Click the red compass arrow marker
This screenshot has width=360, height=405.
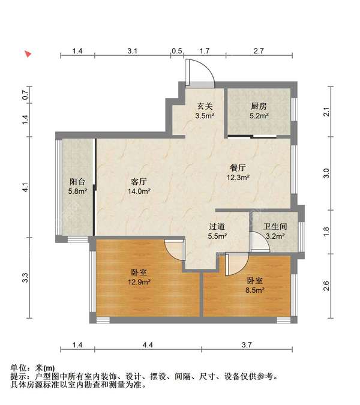tap(28, 54)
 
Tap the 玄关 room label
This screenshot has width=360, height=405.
tap(205, 106)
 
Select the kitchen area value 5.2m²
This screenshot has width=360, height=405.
tap(259, 115)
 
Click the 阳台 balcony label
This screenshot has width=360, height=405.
tap(77, 182)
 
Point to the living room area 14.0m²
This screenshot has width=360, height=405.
tap(139, 191)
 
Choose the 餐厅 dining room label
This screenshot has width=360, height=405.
tap(238, 167)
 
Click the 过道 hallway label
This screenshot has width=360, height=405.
tap(217, 227)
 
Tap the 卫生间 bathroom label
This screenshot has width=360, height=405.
tap(275, 227)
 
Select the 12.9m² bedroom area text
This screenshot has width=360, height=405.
tap(139, 282)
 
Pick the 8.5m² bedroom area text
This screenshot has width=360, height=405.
tap(254, 290)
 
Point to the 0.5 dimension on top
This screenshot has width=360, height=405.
tap(176, 50)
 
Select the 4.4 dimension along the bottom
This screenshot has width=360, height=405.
tap(148, 345)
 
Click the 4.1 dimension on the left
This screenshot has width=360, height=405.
tap(25, 187)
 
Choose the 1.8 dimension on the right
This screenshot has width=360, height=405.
tap(326, 232)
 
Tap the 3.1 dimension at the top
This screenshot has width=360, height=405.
tap(132, 50)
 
